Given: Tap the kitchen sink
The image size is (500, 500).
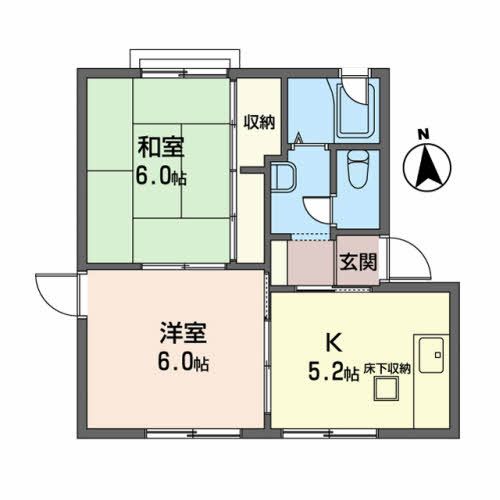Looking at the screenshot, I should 433,354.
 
